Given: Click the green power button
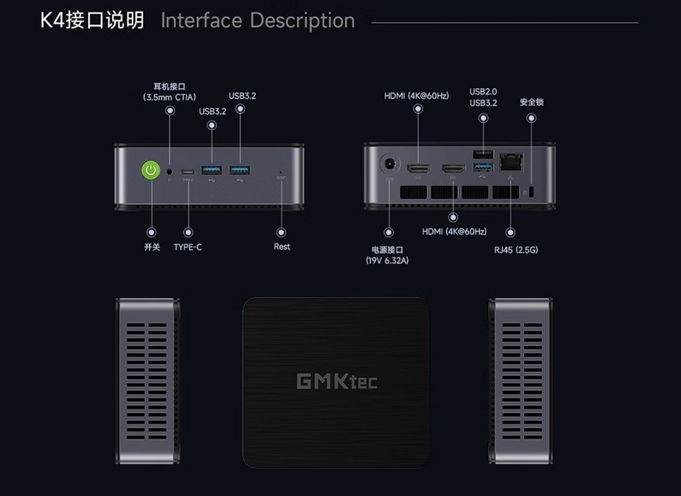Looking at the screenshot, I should click(150, 170).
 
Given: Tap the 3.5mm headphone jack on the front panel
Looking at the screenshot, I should click(170, 170).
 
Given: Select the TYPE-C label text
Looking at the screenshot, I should click(188, 247).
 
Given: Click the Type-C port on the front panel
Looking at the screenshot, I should click(188, 171).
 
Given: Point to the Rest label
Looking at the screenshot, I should click(282, 247).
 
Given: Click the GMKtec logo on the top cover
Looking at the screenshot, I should click(336, 381).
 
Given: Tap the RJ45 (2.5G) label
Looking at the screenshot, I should click(516, 250).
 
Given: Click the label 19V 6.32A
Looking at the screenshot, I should click(387, 260).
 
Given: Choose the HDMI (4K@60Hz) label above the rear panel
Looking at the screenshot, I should click(416, 96).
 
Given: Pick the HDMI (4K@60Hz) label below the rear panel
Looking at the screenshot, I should click(454, 231).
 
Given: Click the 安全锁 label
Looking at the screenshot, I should click(531, 102).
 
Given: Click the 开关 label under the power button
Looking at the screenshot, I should click(151, 247).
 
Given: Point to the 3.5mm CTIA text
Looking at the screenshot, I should click(170, 97).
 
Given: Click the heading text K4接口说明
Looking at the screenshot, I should click(92, 21).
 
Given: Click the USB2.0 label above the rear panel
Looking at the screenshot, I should click(483, 92).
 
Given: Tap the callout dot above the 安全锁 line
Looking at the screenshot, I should click(531, 117).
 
